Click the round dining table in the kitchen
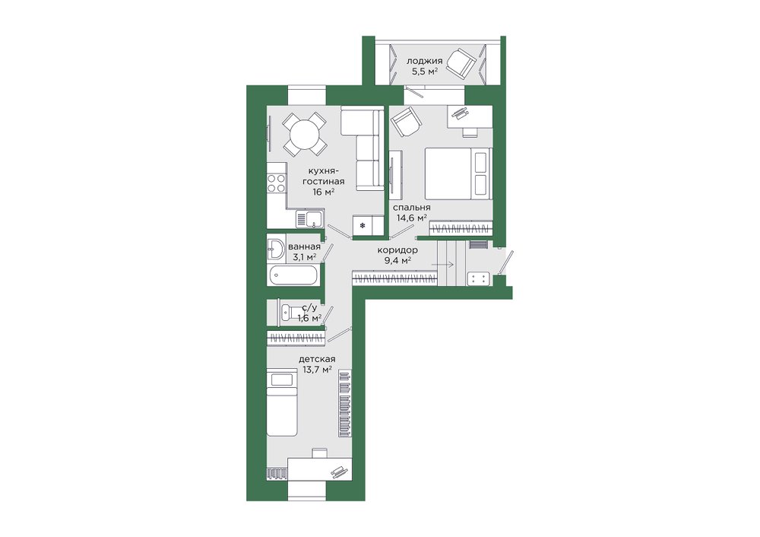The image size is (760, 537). point(306,133)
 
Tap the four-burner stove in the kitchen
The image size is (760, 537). point(277,183)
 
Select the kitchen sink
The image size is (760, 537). point(310,219)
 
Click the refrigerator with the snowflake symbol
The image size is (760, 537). point(363,226)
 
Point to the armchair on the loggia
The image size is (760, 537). point(461,62)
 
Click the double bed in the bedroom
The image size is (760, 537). point(458,173)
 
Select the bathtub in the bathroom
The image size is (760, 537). point(294,275)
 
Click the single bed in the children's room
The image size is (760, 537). point(282,402)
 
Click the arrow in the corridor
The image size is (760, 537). point(442,265)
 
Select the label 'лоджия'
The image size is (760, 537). point(424,61)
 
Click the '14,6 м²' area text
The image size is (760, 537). point(412,218)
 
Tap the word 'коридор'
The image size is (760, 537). point(397,249)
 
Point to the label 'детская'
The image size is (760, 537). point(317,359)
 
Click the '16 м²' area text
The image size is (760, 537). point(324,192)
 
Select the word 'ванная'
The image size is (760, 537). point(304,246)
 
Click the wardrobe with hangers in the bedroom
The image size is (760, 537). point(461,227)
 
